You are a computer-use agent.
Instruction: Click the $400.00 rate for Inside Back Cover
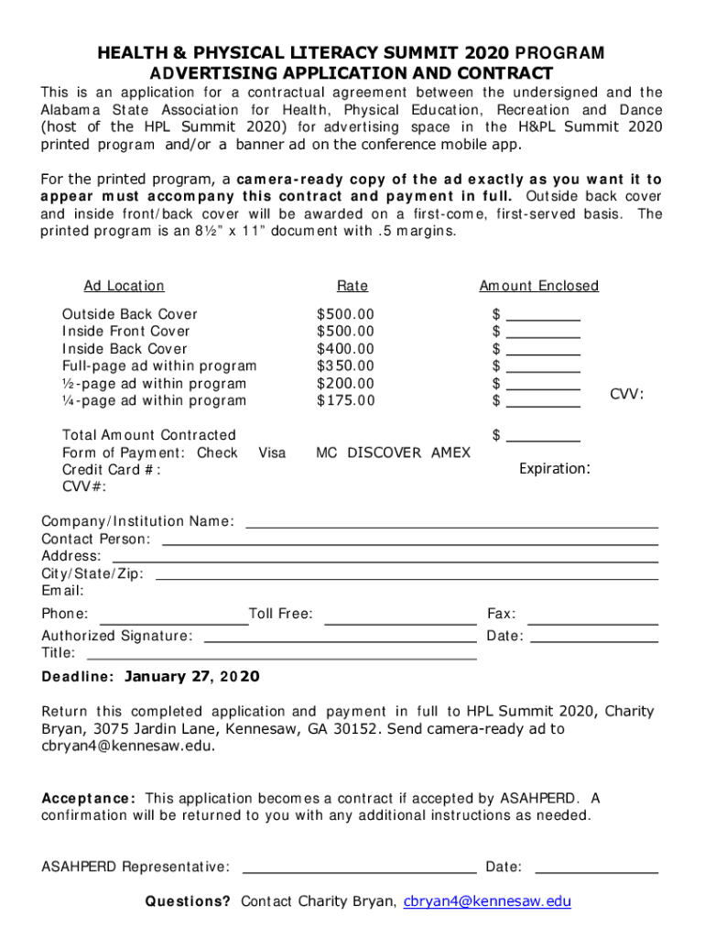coord(345,349)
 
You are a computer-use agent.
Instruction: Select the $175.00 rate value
coord(345,401)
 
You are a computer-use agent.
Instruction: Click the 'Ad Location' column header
coord(124,287)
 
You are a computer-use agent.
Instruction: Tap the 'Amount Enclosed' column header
coord(538,287)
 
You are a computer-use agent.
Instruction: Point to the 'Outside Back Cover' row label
coord(129,314)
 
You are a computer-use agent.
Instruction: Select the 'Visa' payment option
coord(272,453)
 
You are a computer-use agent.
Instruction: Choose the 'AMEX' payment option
coord(450,453)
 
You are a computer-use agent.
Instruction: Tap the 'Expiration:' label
coord(554,469)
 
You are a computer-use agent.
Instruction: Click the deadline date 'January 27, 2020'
coord(191,678)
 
